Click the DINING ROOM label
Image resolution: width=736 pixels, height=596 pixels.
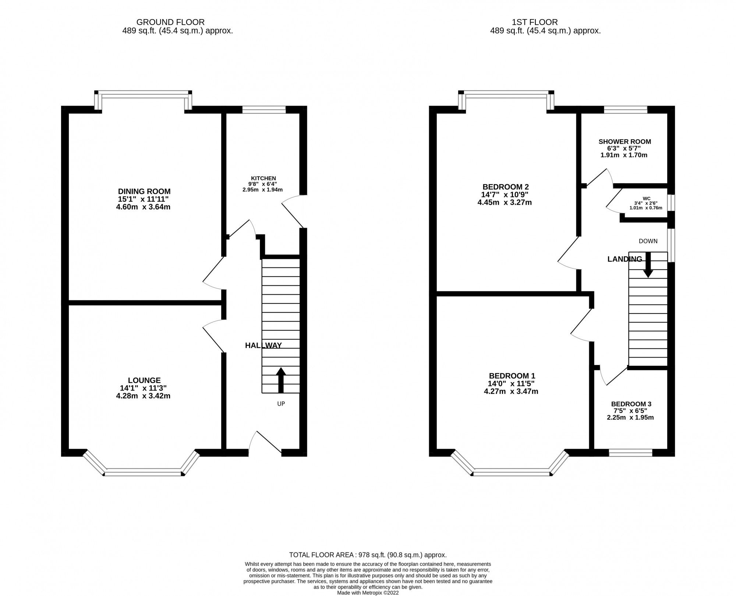[x=144, y=191]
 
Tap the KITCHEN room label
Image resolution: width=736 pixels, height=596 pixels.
[x=263, y=178]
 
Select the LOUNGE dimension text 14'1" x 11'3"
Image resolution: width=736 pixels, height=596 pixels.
[x=143, y=388]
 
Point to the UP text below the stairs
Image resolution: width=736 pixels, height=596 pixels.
[x=281, y=404]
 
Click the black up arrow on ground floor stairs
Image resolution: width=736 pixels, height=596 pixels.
[x=281, y=379]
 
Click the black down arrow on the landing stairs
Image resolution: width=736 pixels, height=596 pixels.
[x=648, y=265]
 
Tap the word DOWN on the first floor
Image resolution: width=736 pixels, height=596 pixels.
[x=648, y=241]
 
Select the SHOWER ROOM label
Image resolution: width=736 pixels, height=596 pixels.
[x=624, y=141]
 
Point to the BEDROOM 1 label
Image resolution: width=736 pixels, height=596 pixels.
[x=512, y=376]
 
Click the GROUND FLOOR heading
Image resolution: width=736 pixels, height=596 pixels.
[x=170, y=22]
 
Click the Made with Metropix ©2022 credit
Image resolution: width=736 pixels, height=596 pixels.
[x=368, y=593]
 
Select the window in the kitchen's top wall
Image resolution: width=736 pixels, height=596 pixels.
[x=264, y=109]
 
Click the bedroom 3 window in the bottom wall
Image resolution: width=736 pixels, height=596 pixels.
[x=630, y=453]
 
